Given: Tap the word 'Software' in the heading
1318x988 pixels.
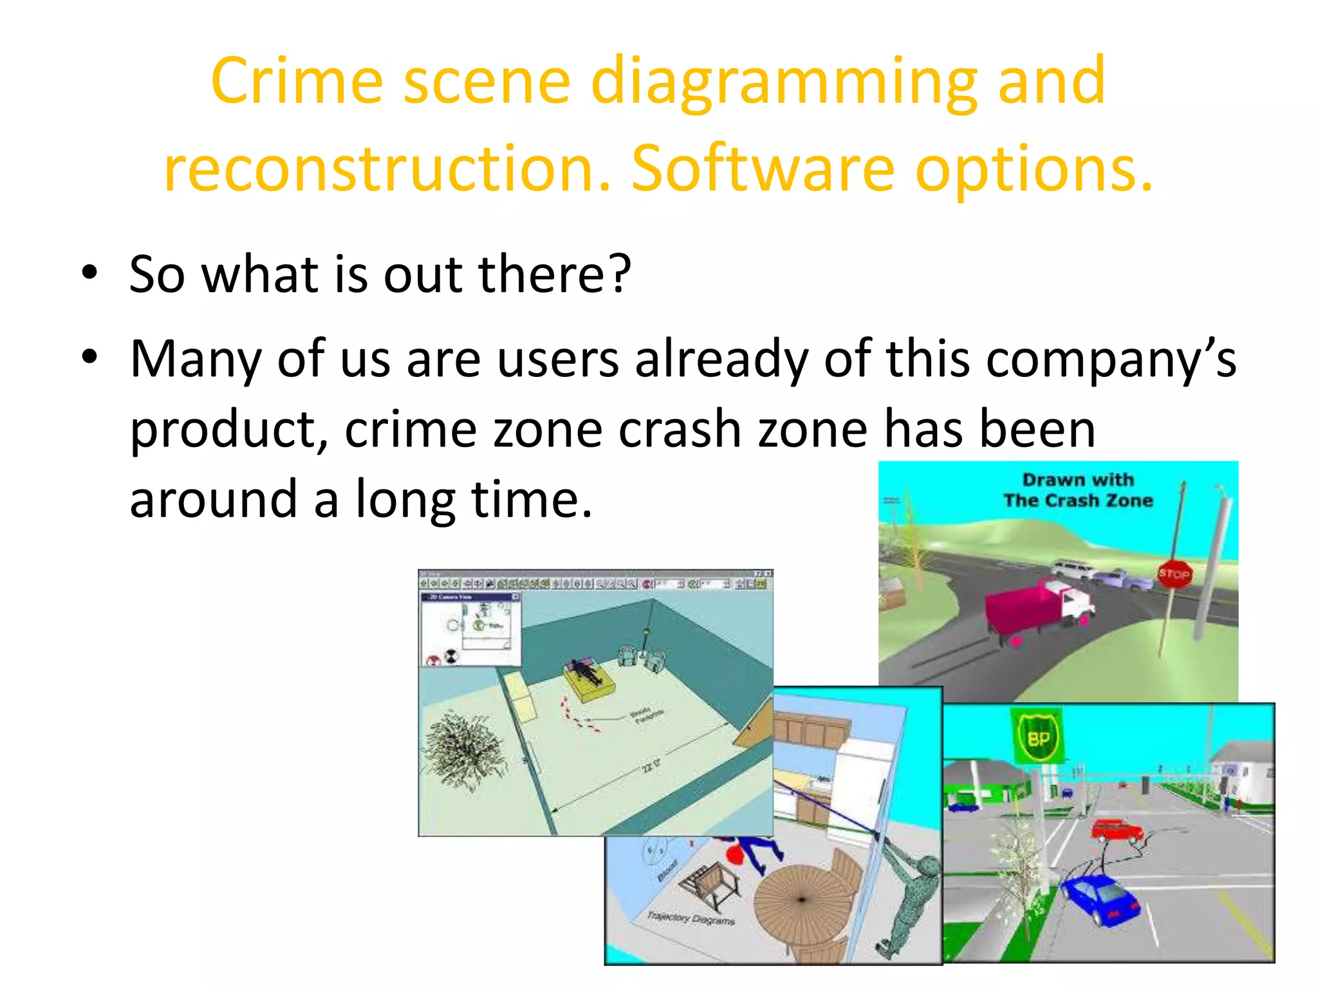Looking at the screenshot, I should tap(763, 169).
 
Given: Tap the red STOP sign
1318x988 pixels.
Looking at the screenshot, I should tap(1173, 574).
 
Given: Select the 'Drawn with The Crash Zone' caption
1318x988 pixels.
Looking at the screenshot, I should tap(1078, 490).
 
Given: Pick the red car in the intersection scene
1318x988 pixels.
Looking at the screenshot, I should tap(1117, 830).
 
